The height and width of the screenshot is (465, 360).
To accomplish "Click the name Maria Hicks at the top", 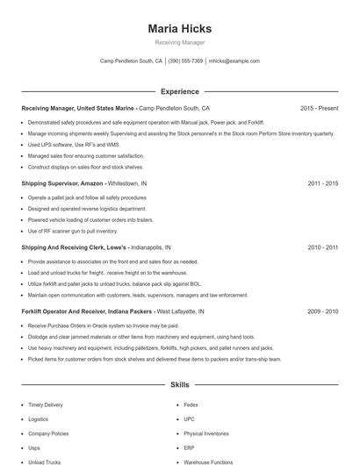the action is [179, 28].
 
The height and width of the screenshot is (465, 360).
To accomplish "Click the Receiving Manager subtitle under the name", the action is [179, 43].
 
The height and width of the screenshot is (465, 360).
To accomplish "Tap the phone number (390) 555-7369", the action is [185, 61].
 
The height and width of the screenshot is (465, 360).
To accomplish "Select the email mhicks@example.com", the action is [234, 61].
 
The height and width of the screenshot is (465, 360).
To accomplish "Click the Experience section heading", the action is [179, 91].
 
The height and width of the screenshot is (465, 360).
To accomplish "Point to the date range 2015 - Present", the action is [319, 108].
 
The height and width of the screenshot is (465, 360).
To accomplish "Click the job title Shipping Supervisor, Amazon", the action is [62, 183].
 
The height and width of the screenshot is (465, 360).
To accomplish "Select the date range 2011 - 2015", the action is [322, 183].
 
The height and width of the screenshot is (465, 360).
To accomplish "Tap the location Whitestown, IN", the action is [127, 183].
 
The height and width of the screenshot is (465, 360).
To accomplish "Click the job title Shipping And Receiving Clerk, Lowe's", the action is [73, 247].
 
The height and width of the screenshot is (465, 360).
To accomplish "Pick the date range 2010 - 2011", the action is [322, 247].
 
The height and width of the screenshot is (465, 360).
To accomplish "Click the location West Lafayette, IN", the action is [180, 311].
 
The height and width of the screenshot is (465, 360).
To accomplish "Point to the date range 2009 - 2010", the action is [322, 311].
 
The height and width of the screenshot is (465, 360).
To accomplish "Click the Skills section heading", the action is [179, 385].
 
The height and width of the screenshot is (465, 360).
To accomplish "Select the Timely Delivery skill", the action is [46, 404].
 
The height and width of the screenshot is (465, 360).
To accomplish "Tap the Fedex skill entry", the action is [192, 404].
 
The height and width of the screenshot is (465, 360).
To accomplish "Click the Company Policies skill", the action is [48, 433].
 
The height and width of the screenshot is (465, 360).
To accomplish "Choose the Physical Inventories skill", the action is [206, 433].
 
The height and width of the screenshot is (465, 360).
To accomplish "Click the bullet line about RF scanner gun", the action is [72, 231].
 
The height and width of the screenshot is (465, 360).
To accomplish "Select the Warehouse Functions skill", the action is [208, 461].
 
